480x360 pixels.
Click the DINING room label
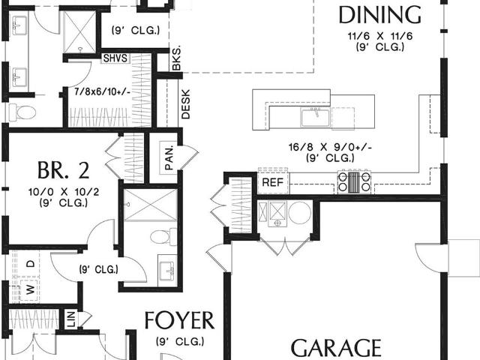380,15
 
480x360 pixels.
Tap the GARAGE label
336,348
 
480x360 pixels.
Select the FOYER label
179,320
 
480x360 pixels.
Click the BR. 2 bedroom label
64,170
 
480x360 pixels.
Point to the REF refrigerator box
273,183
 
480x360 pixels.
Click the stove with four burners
354,182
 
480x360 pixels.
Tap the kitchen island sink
315,118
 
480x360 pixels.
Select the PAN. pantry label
169,157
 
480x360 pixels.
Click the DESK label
185,104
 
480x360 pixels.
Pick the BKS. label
176,58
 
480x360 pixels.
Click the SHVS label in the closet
115,58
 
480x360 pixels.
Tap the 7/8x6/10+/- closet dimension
103,91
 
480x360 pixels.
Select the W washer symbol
30,289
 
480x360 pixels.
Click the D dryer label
30,263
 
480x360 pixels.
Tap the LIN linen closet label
70,319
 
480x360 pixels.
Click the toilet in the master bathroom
22,112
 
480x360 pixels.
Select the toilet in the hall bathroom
163,237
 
